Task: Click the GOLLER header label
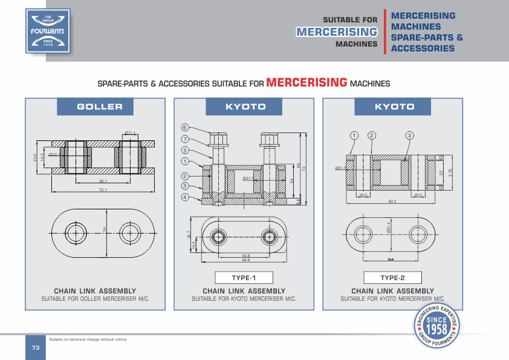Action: click(100, 107)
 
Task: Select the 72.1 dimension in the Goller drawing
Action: click(102, 191)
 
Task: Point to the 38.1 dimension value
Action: click(103, 182)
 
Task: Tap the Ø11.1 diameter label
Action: click(129, 132)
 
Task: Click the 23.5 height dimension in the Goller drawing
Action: click(34, 158)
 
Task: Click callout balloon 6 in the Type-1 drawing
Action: click(185, 128)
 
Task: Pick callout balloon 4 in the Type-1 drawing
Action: click(185, 197)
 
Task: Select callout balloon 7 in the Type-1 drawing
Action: click(185, 139)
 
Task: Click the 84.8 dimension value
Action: click(245, 260)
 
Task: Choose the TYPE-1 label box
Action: click(244, 278)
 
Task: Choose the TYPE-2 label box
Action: click(392, 278)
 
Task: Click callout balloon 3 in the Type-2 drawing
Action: click(409, 134)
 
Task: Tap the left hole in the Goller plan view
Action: click(75, 233)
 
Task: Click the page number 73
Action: click(35, 347)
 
